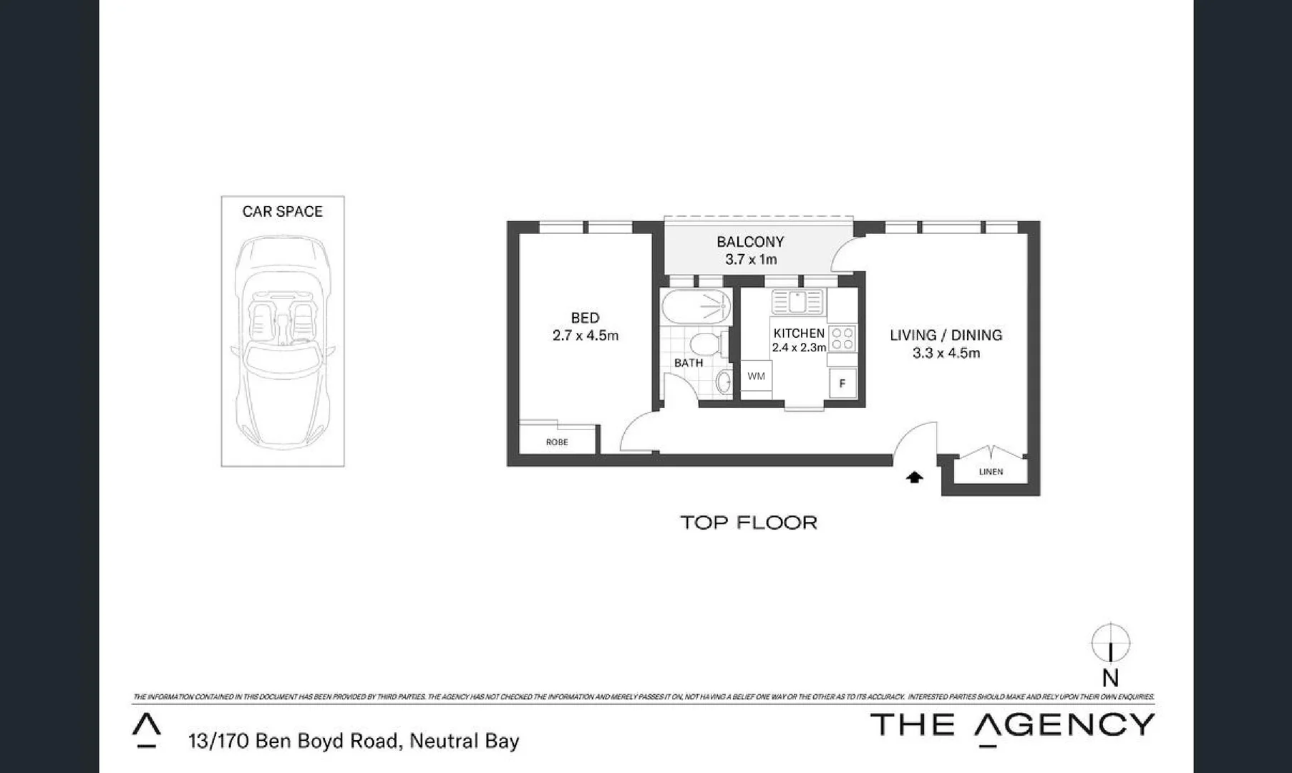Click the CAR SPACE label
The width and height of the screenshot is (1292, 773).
(282, 211)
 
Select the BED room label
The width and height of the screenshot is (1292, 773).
(585, 318)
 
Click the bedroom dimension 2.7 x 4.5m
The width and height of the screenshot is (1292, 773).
(585, 335)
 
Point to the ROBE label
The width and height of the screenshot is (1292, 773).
(557, 442)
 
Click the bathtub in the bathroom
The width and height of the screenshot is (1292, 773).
(695, 307)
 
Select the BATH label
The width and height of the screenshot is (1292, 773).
(688, 363)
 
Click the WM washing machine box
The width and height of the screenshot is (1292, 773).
(756, 376)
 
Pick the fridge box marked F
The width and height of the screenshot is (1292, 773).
(842, 384)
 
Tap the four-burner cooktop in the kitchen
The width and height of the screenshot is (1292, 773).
(842, 339)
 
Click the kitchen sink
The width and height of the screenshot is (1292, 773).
(797, 302)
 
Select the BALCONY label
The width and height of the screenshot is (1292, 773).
(750, 242)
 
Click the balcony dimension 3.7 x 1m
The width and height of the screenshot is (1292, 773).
(750, 259)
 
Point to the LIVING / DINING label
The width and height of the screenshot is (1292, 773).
(946, 335)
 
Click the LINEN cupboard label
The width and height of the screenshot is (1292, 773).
(991, 472)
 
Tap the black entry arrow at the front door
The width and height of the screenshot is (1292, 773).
(914, 477)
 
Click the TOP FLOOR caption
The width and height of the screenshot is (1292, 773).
(748, 522)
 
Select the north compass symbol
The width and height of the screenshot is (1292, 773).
(1110, 643)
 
